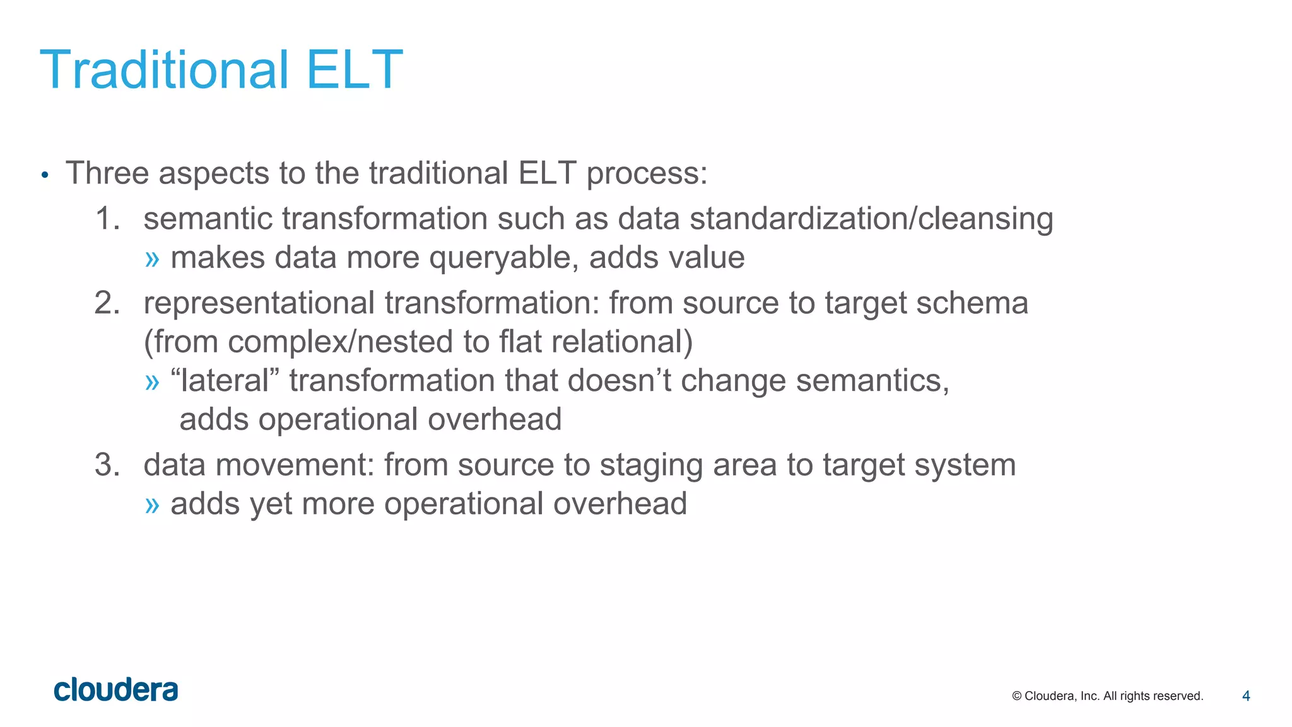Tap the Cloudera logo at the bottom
coord(116,690)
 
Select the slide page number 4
coord(1246,696)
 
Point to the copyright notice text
coord(1107,696)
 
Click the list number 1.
coord(107,219)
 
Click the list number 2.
coord(107,303)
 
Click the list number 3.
coord(107,465)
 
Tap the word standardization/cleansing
coord(871,219)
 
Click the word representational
coord(259,303)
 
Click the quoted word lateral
coord(225,381)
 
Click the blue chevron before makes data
coord(152,259)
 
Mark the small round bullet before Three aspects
coord(44,175)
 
